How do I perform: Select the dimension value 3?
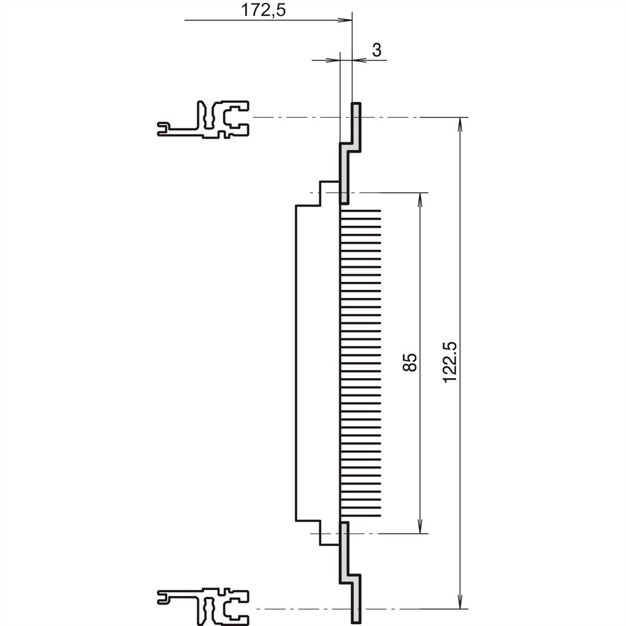tap(377, 50)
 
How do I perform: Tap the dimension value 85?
tap(411, 362)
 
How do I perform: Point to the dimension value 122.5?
tap(450, 362)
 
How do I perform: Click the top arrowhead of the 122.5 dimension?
tap(460, 123)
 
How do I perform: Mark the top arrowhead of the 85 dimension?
tap(420, 198)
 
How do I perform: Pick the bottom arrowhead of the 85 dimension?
tap(420, 528)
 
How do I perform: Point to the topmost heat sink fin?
tap(360, 211)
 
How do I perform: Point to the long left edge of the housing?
tap(296, 362)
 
